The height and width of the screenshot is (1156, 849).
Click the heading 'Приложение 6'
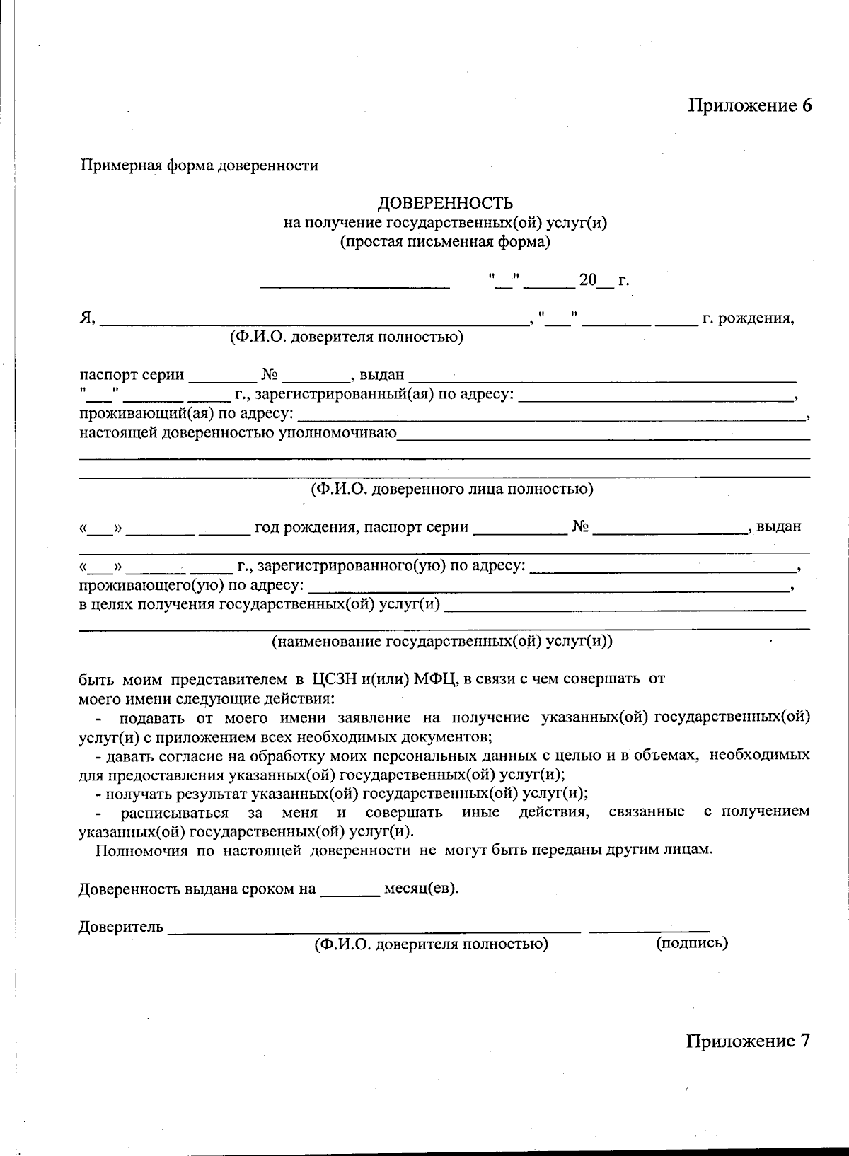pos(749,105)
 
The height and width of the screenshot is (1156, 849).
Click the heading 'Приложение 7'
pos(747,1041)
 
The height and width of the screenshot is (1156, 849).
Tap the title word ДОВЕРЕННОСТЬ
pos(445,204)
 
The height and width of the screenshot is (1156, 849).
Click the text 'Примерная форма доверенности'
pos(200,166)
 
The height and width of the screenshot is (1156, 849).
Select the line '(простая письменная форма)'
pos(445,243)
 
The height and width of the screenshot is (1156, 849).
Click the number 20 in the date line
pos(588,280)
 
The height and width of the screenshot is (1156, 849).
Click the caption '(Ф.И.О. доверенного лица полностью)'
pos(451,489)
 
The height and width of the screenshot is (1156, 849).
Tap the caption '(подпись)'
pos(691,943)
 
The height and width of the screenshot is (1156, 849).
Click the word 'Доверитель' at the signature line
pos(121,927)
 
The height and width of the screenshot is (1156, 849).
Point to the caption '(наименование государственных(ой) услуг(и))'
pos(442,642)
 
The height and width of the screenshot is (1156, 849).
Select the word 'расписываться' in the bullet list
pos(174,812)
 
